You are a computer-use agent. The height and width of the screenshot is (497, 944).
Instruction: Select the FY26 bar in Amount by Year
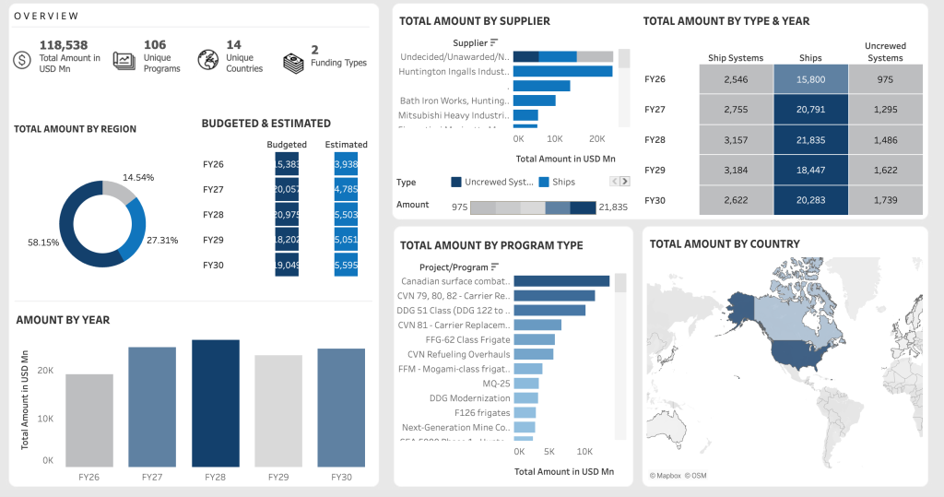(x=88, y=420)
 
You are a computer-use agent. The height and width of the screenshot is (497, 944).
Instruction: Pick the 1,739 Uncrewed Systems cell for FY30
(x=884, y=200)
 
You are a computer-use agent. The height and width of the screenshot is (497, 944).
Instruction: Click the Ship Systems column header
(x=735, y=58)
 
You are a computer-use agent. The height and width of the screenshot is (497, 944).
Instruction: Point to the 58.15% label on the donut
(x=43, y=243)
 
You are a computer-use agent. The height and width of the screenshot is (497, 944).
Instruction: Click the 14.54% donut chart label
(x=138, y=176)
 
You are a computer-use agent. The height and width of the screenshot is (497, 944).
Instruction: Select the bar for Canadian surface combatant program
(x=561, y=281)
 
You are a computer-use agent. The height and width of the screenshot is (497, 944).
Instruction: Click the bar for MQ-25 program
(x=526, y=383)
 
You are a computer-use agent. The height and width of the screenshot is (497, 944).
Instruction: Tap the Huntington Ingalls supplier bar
(x=562, y=71)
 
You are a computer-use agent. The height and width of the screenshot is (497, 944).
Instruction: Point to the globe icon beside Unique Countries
(x=207, y=61)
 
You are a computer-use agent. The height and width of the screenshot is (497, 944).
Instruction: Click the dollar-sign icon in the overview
(x=23, y=61)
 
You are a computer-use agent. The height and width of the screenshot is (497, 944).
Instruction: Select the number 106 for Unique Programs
(x=155, y=44)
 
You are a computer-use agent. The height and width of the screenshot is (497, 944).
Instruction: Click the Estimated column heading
(x=346, y=145)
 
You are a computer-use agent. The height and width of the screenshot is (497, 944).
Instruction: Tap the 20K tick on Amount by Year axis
(x=46, y=371)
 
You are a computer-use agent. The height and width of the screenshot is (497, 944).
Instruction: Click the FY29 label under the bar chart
(x=278, y=477)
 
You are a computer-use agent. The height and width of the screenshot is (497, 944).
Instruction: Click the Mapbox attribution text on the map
(x=664, y=476)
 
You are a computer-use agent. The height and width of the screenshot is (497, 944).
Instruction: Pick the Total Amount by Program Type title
(x=491, y=245)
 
